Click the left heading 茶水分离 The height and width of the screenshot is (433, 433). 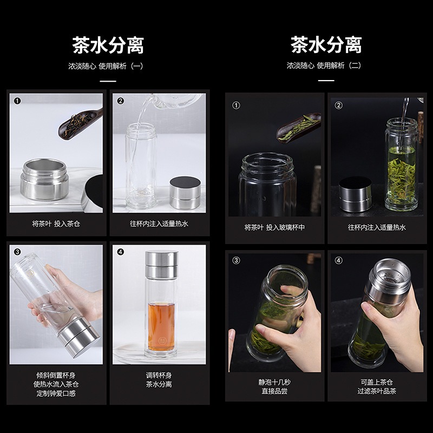pos(108,45)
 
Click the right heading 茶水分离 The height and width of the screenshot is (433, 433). pos(326,45)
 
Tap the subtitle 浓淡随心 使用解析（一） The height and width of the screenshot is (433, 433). pos(106,66)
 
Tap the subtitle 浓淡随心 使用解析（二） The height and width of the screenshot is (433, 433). pos(324,65)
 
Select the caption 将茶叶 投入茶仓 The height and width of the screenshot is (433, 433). pos(56,224)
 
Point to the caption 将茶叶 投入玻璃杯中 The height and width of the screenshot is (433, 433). pos(274,227)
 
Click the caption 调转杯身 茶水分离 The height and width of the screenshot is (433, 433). pos(159,380)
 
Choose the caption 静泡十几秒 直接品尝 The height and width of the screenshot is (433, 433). pos(274,386)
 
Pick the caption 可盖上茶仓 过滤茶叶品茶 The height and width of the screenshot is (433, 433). pos(377,386)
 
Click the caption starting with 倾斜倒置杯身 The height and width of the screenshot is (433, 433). pos(56,384)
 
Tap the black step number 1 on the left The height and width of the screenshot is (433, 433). pos(17,101)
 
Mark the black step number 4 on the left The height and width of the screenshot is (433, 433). pos(120,252)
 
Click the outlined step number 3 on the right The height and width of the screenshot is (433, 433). pos(236,260)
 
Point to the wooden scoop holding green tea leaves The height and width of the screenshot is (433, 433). pos(298,127)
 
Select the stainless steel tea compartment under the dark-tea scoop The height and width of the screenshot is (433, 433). pos(44,179)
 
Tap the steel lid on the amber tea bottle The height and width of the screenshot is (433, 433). pos(161,265)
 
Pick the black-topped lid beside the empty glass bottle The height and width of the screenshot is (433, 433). pos(185,193)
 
